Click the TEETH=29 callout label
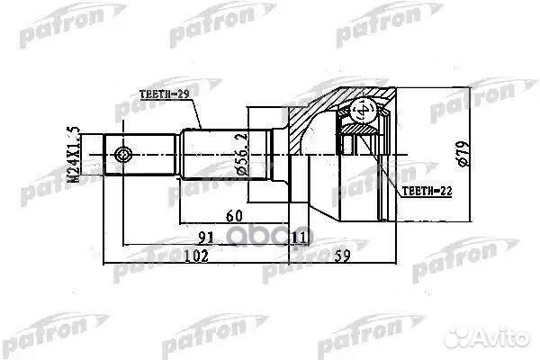(166, 94)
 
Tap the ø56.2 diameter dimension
(241, 149)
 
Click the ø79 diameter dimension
(462, 152)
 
